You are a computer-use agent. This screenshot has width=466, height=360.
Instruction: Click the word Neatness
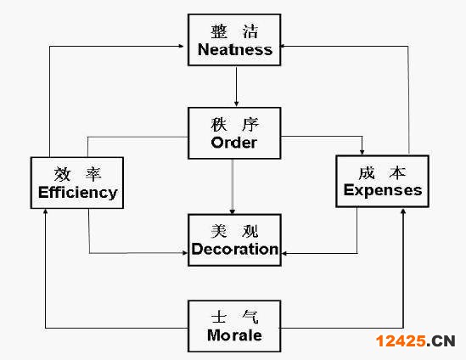pos(235,49)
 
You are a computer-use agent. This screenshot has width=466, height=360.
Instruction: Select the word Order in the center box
pos(234,143)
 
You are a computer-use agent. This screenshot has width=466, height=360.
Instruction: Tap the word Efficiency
pos(78,193)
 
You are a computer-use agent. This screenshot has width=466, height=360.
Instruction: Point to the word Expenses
pos(383,190)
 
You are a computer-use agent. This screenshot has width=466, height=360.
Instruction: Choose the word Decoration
pos(235,249)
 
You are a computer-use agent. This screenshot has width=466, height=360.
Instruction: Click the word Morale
pos(234,335)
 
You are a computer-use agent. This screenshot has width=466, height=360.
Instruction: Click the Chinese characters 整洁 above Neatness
pos(234,31)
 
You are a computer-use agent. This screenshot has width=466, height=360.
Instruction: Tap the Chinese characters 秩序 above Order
pos(235,125)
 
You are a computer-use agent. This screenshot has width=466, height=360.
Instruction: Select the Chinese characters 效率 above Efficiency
pos(77,174)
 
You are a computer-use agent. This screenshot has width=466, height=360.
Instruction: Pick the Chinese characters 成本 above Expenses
pos(382,172)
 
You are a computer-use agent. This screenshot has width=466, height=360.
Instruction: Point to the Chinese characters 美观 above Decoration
pos(234,231)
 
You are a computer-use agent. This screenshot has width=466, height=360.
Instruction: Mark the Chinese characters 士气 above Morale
pos(234,317)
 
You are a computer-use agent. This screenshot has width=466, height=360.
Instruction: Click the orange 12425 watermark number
pos(401,341)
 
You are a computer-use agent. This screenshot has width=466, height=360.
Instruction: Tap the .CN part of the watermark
pos(441,341)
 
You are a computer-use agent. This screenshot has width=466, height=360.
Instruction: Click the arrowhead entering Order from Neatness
pos(236,104)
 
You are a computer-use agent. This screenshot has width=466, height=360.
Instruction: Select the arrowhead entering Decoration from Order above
pos(233,211)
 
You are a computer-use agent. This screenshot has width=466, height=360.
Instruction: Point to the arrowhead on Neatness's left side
pos(181,46)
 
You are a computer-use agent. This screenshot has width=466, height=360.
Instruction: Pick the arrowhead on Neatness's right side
pos(284,46)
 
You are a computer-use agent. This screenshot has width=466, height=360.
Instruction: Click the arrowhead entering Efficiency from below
pos(46,211)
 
